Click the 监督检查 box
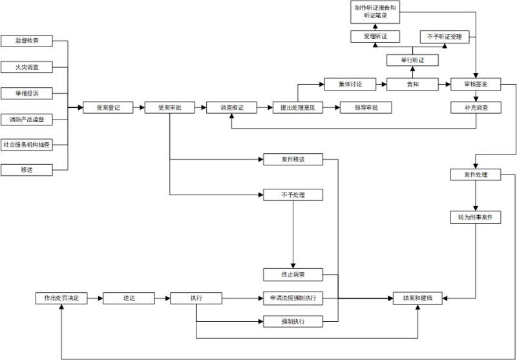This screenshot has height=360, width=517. point(26,41)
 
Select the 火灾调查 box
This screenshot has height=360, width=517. point(26,67)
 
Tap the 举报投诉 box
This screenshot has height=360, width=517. point(26,92)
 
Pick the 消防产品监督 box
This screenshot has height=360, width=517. point(26,119)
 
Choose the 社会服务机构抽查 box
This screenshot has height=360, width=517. point(26,144)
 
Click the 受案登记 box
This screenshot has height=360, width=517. point(108,107)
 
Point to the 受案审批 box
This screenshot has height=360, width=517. point(169,107)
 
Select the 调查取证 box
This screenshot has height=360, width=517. point(231,107)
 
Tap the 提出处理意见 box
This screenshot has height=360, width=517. point(297,107)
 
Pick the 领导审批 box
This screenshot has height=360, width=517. point(366,107)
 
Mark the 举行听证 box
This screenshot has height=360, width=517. point(412,60)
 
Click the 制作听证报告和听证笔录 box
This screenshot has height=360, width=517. point(376,11)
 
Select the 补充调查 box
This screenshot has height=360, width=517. point(476,107)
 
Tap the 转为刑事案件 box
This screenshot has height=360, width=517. point(475,217)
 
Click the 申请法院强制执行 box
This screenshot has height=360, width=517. point(292,298)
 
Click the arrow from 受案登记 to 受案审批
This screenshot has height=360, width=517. point(138,107)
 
